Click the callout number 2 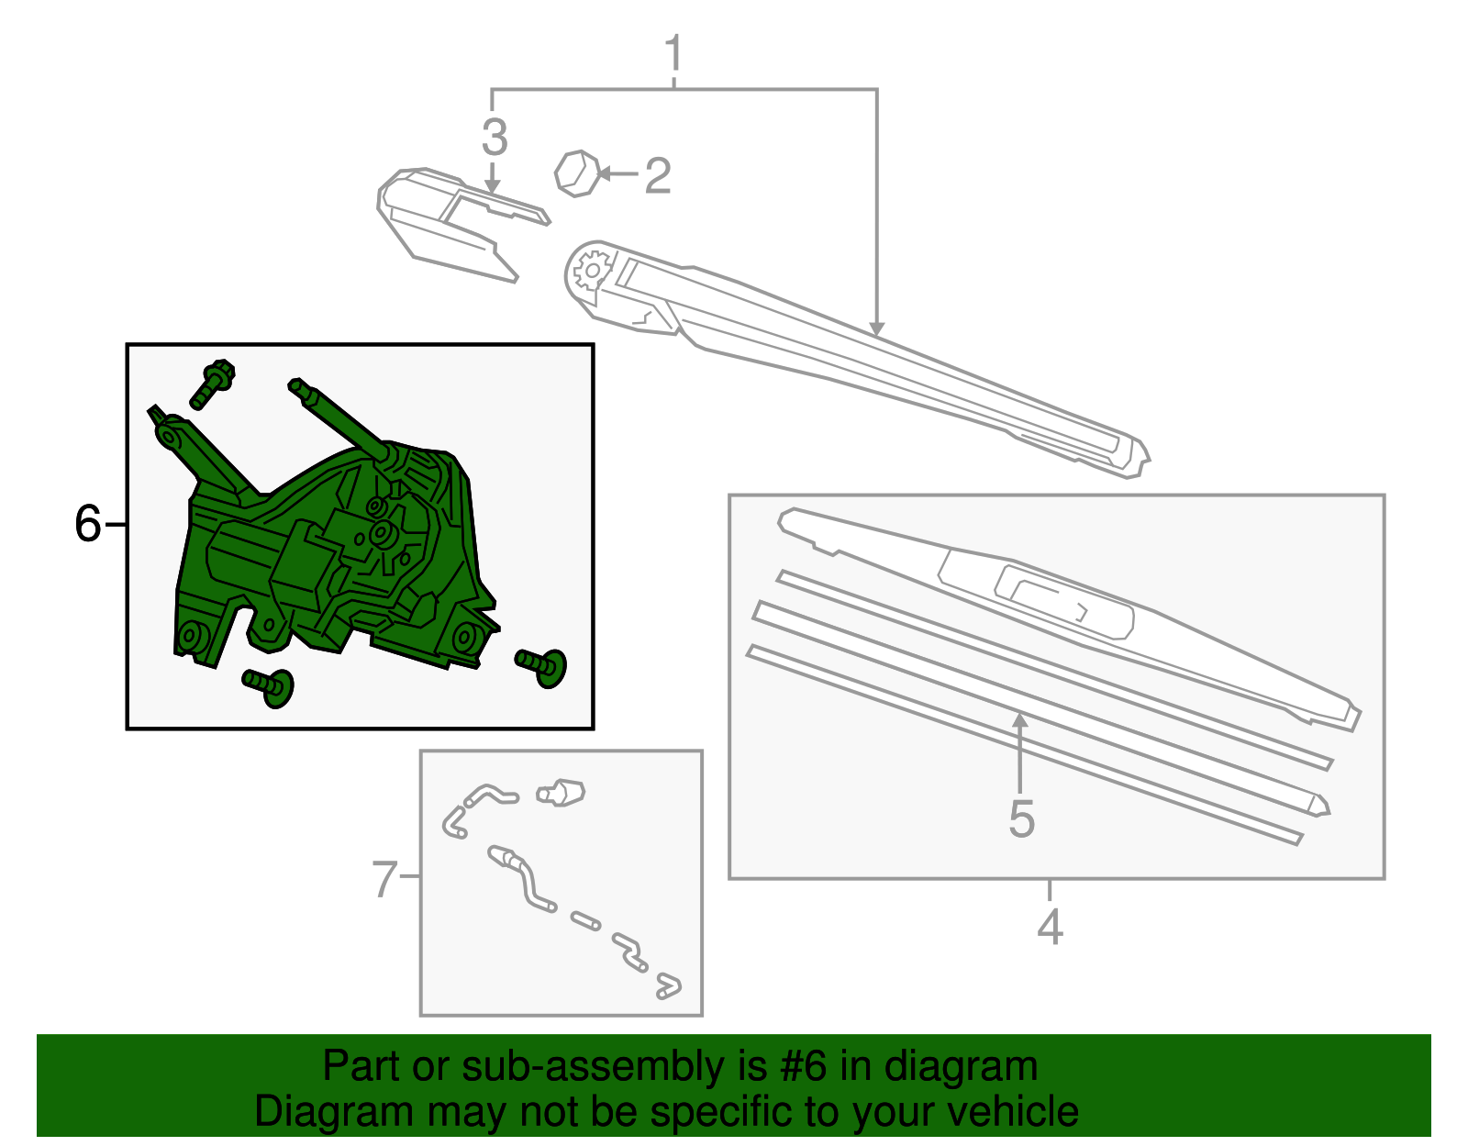click(x=657, y=175)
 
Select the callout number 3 click(x=494, y=138)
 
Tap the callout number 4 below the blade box click(x=1050, y=927)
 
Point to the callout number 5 click(x=1020, y=818)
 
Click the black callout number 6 click(x=87, y=524)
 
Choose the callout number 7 click(x=384, y=878)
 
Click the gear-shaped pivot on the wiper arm click(x=592, y=270)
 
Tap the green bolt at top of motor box click(x=213, y=384)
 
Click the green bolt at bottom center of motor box click(x=269, y=685)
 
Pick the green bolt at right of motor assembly click(x=542, y=665)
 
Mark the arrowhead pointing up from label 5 click(x=1019, y=721)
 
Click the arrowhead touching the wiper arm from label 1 click(x=876, y=328)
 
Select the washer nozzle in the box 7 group click(x=562, y=792)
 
